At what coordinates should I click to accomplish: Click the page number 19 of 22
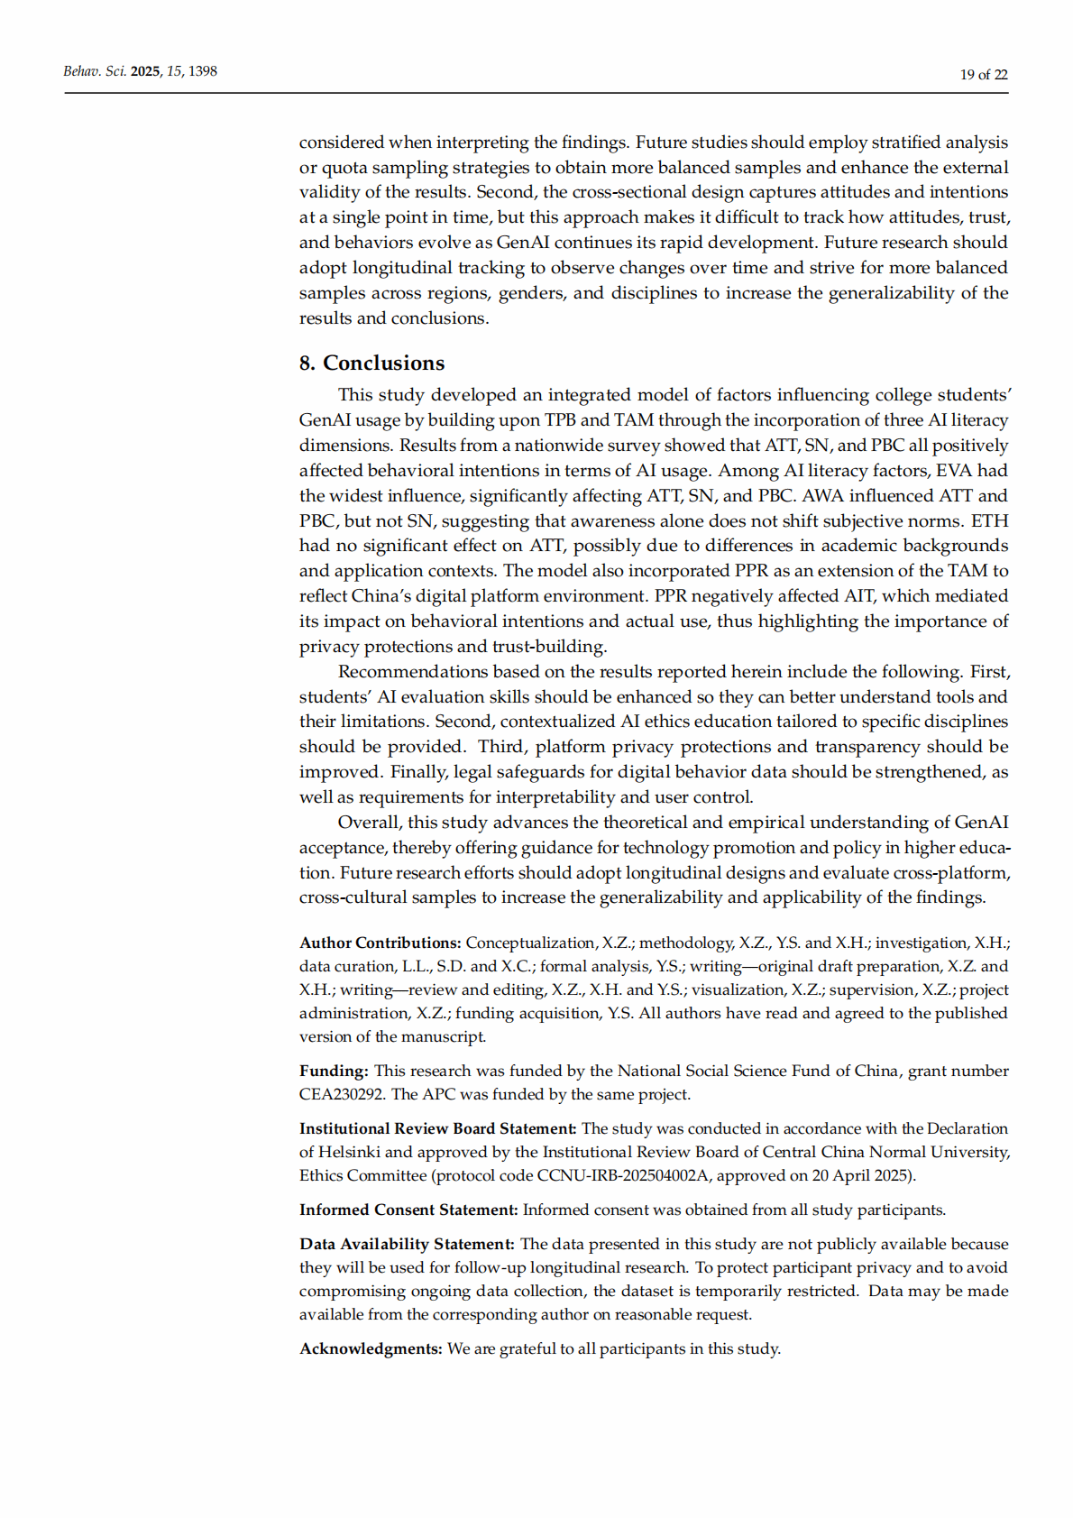tap(983, 75)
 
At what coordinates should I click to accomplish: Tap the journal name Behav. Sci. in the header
tap(95, 71)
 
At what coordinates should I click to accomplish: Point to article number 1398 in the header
tap(202, 71)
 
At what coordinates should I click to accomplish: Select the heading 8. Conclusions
tap(371, 363)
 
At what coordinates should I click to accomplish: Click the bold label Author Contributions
tap(380, 943)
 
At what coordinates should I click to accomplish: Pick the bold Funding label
tap(334, 1071)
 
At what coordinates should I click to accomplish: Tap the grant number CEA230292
tap(343, 1094)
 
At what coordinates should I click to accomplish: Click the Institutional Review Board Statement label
tap(437, 1128)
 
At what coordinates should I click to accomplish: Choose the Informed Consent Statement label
tap(408, 1210)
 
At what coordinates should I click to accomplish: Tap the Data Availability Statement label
tap(407, 1244)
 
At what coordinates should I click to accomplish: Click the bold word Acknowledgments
tap(371, 1348)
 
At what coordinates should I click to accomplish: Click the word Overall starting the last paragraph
tap(369, 822)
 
